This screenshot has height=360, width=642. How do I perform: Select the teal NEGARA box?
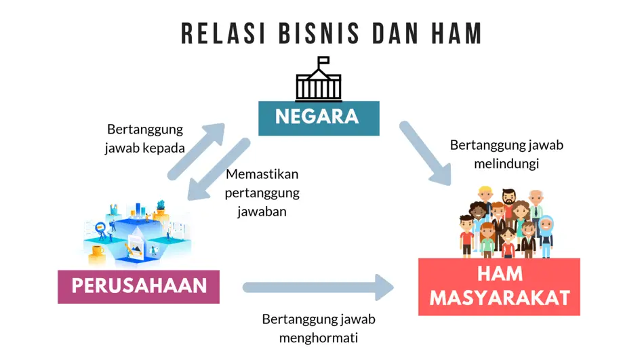318,117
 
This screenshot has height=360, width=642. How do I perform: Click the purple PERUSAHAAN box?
138,285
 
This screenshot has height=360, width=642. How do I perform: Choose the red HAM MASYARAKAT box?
499,287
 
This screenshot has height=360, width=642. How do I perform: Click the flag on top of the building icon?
323,60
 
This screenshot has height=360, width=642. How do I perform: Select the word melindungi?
506,164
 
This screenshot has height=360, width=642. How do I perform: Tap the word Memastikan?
262,174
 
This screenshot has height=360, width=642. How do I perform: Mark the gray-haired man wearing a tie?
536,207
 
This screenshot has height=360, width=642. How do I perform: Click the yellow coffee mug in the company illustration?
96,252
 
